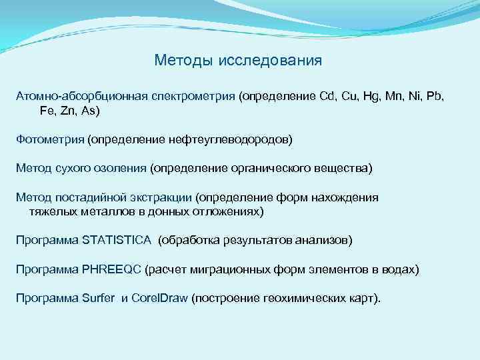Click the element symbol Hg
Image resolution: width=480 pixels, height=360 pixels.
pos(372,97)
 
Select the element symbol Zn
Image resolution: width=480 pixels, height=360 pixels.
pos(67,111)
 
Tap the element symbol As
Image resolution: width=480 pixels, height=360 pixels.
pos(89,111)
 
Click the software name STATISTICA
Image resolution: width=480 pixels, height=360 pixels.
pos(116,240)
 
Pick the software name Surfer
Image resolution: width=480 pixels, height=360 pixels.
pos(99,298)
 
